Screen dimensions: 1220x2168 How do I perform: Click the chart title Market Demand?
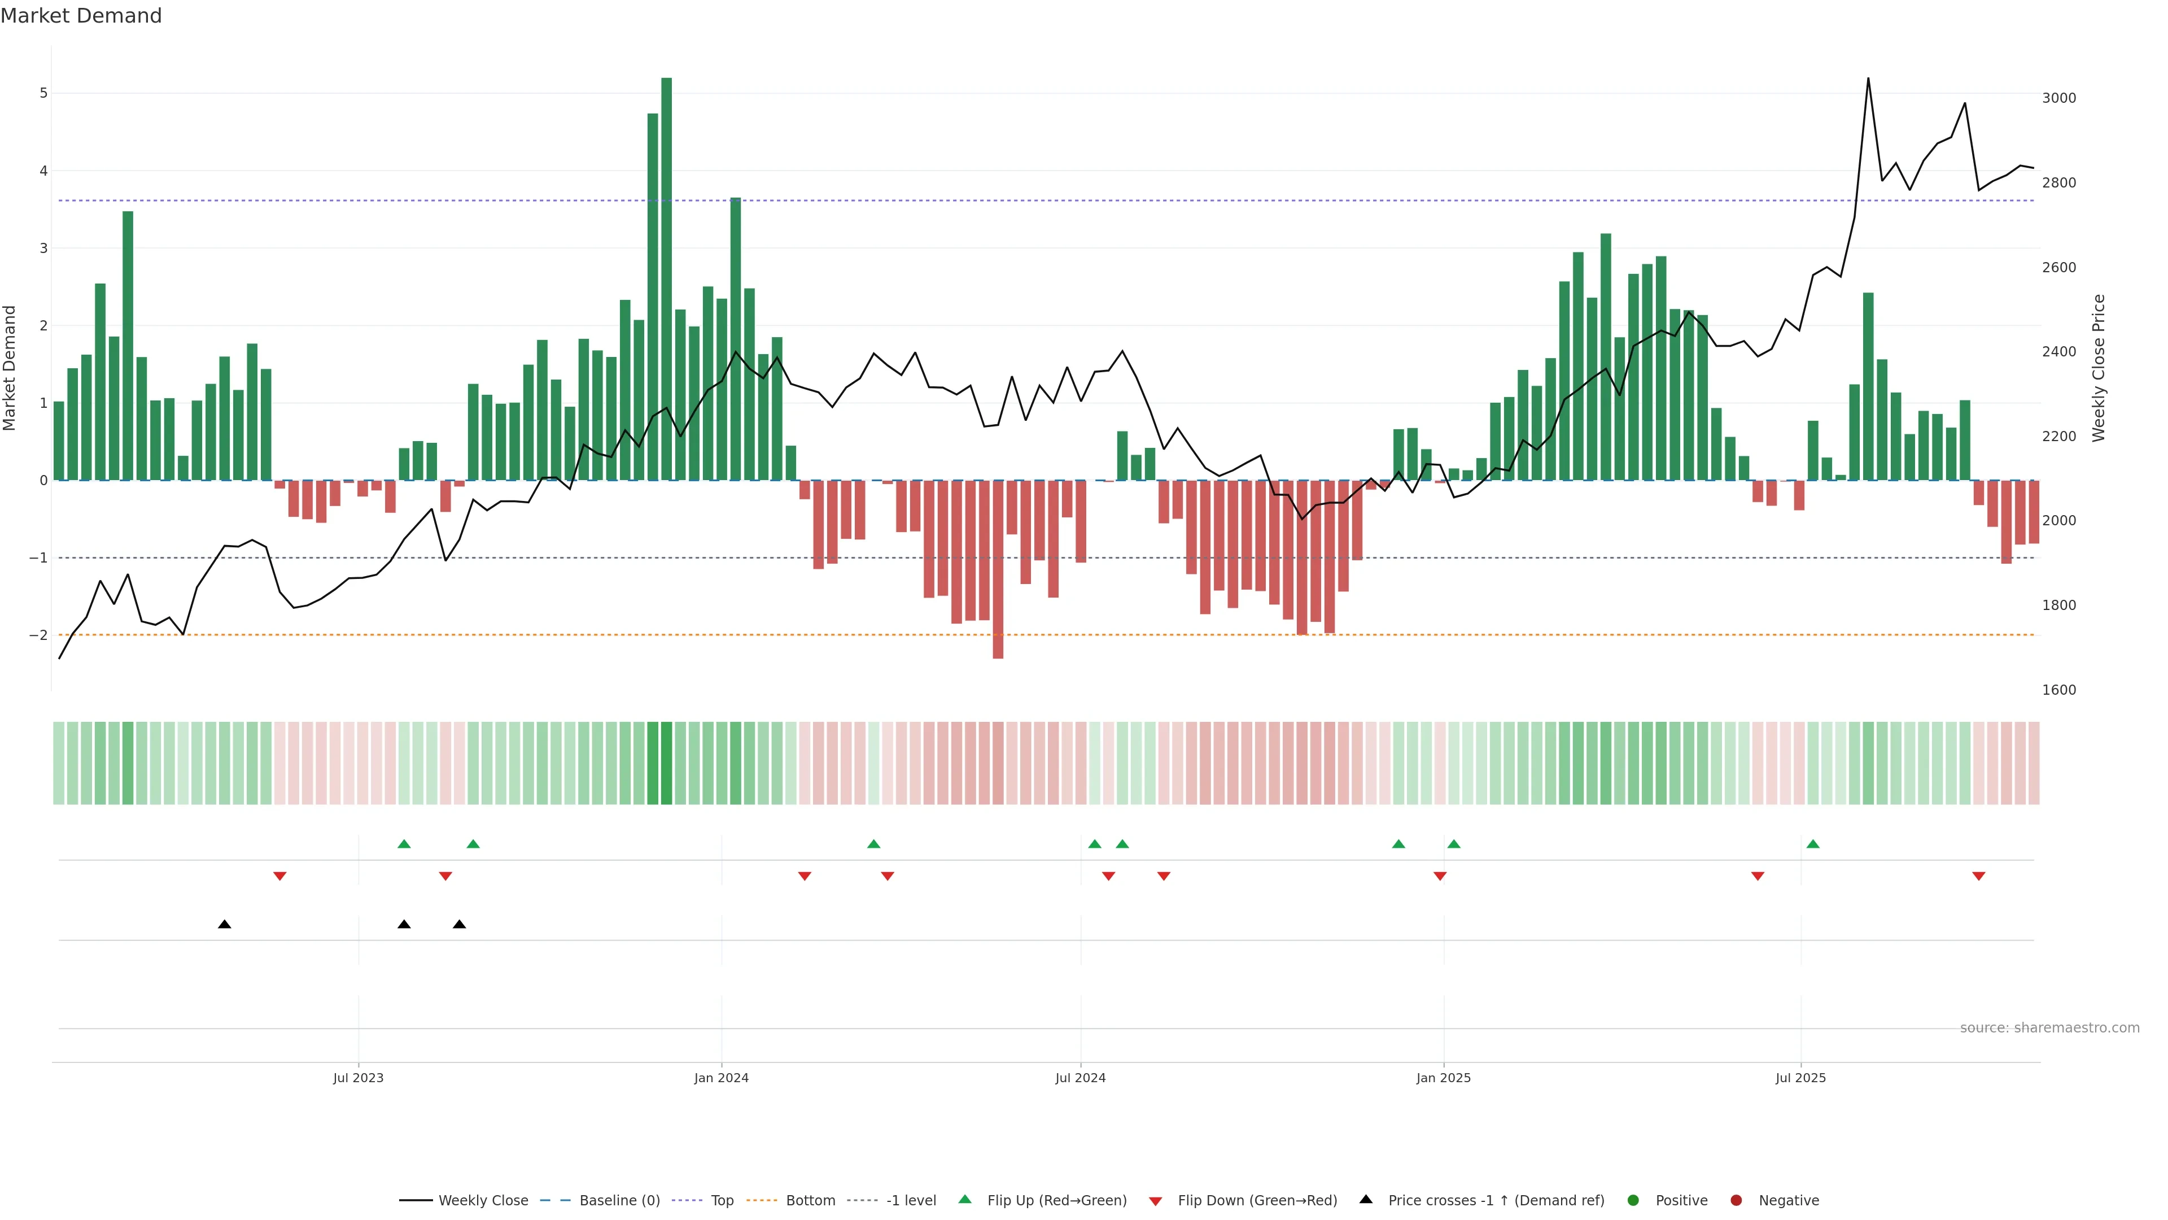(81, 16)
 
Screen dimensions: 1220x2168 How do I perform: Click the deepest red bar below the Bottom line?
(998, 569)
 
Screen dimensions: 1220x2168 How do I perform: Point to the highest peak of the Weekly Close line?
(1868, 79)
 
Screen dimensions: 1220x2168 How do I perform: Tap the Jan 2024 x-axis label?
(722, 1078)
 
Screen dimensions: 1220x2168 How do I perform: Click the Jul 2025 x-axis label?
(1801, 1078)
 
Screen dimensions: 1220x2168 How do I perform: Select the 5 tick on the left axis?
(44, 93)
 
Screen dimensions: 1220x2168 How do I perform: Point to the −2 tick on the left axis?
(39, 635)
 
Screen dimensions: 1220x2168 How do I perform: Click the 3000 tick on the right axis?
(2058, 98)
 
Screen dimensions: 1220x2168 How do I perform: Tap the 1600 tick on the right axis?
(2058, 690)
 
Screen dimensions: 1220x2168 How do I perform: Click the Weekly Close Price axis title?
(2099, 368)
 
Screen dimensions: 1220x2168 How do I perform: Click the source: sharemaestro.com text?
(2049, 1028)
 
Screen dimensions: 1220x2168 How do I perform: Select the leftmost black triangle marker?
(225, 925)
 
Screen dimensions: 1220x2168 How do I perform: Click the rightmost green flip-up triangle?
(1813, 844)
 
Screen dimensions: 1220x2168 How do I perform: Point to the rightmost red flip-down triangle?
(1979, 877)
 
